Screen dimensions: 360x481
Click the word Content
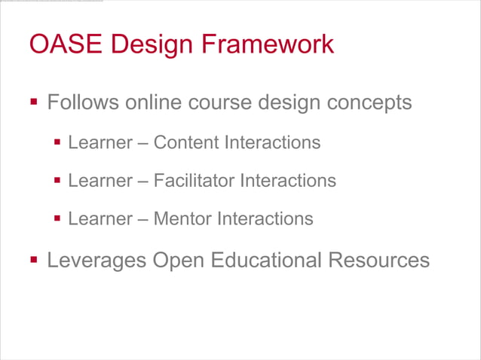[185, 142]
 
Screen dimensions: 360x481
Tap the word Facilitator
[194, 181]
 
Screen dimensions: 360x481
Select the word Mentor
[183, 219]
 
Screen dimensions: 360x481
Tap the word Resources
[378, 261]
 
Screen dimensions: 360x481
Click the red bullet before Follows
[33, 101]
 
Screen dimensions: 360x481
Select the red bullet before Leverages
[33, 260]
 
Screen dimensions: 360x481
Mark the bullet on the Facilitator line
[57, 181]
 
